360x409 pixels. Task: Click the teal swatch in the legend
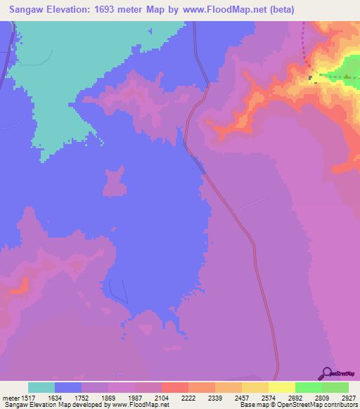click(41, 387)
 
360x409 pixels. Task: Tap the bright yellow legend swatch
click(281, 387)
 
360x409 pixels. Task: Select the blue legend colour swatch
click(67, 387)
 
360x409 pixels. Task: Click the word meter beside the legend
click(10, 398)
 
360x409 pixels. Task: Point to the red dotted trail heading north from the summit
click(305, 42)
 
